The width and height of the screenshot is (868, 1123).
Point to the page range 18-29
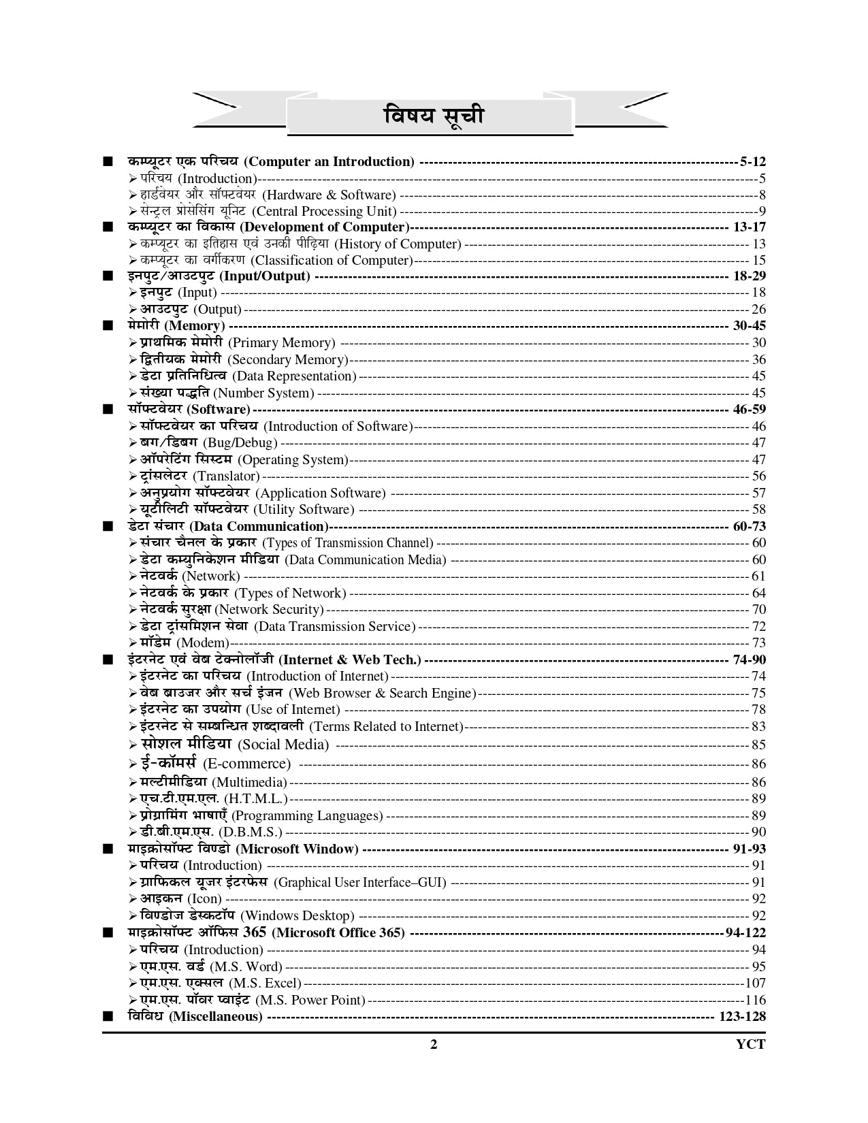[x=749, y=276]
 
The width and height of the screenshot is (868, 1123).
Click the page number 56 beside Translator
[x=758, y=476]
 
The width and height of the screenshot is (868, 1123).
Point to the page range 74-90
[x=749, y=660]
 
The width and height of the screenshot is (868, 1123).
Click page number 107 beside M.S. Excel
[x=755, y=983]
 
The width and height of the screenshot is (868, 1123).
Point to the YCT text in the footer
[x=751, y=1045]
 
